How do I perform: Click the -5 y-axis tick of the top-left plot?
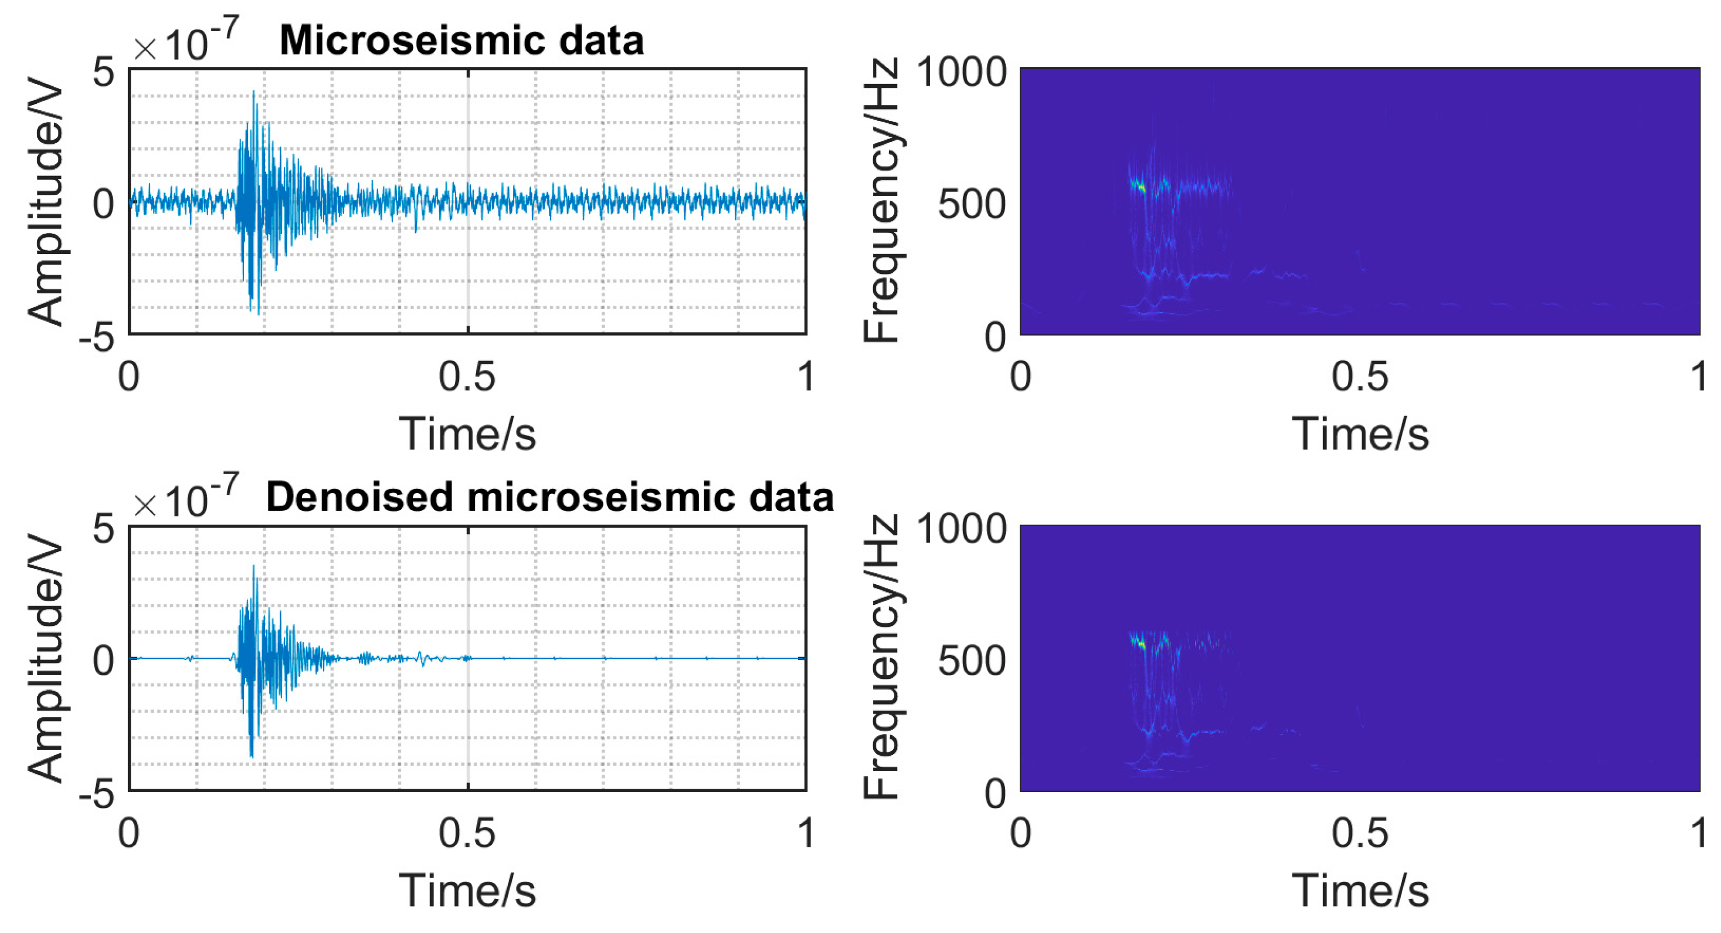point(97,337)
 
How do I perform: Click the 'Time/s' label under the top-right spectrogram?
point(1360,434)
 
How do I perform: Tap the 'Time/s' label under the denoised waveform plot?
point(467,891)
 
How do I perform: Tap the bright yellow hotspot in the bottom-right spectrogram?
point(1141,645)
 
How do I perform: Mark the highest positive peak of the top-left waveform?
point(254,92)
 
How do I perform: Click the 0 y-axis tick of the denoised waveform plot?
point(104,660)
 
